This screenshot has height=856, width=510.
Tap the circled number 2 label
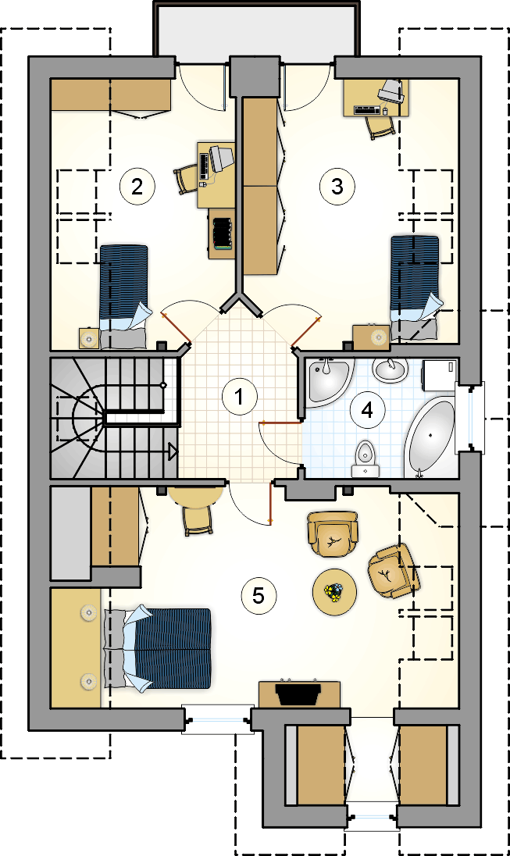[x=137, y=187]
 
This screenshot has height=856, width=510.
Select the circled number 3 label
[x=337, y=187]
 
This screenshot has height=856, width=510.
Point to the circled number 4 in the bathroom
[x=367, y=409]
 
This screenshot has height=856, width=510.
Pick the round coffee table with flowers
[x=335, y=592]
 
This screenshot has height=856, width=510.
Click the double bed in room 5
[x=157, y=648]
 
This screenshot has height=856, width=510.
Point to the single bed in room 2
[x=123, y=296]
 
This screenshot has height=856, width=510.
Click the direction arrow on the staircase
[x=173, y=451]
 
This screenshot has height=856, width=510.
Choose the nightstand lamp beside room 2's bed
[x=88, y=338]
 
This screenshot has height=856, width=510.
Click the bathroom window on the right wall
[x=470, y=416]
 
